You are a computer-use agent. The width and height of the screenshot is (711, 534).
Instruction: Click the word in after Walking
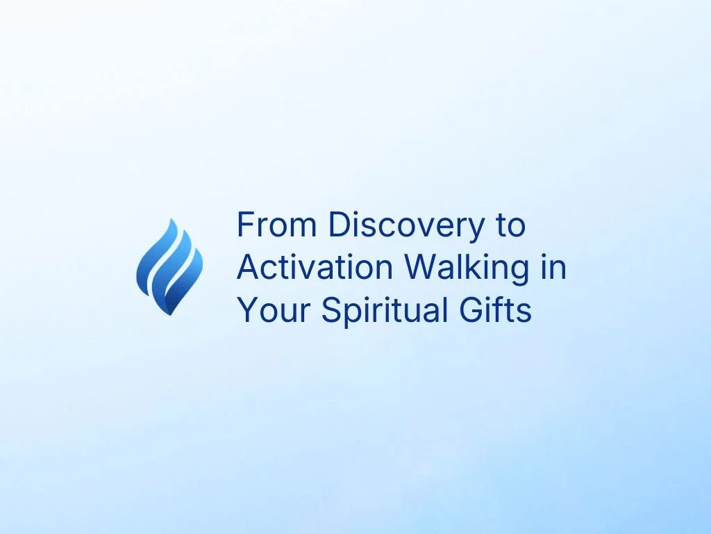pyautogui.click(x=553, y=268)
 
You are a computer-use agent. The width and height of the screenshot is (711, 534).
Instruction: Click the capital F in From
pyautogui.click(x=244, y=225)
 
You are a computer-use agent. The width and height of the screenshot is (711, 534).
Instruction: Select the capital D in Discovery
pyautogui.click(x=338, y=225)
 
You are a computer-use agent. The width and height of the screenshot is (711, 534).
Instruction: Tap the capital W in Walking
pyautogui.click(x=420, y=268)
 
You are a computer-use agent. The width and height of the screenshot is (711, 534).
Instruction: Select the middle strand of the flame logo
pyautogui.click(x=167, y=261)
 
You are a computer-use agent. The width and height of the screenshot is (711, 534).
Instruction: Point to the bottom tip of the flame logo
pyautogui.click(x=166, y=313)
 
